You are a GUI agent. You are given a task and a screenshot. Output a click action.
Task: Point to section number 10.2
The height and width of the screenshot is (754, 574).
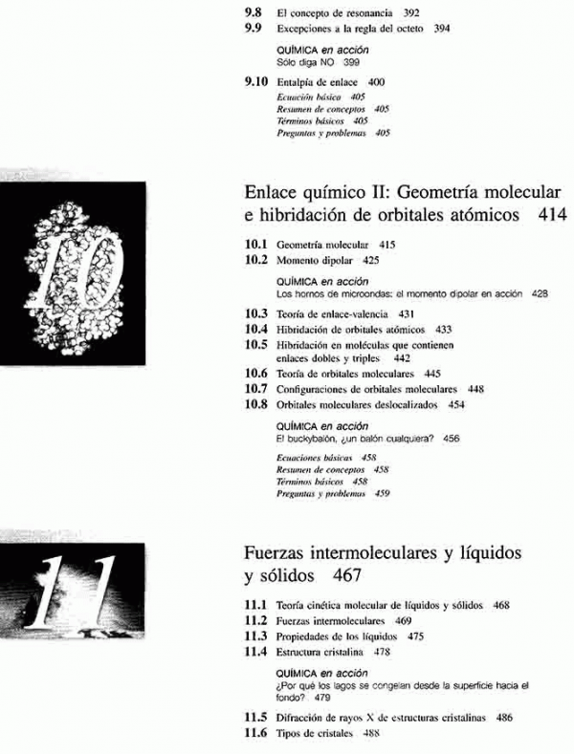point(256,259)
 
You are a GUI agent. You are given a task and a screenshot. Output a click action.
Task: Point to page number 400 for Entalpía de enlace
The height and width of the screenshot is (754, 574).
point(376,83)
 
